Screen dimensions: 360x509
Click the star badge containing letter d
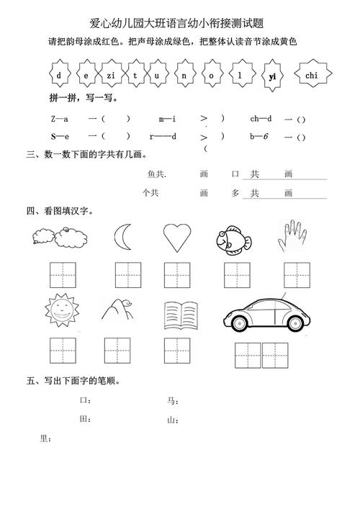coord(59,75)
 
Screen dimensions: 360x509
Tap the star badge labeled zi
coord(111,75)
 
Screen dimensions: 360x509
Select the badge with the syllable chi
coord(311,75)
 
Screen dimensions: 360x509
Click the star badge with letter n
coord(185,75)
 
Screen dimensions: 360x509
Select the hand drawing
coord(293,235)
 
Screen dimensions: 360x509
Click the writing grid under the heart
coord(176,276)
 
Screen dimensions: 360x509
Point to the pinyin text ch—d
coord(260,119)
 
